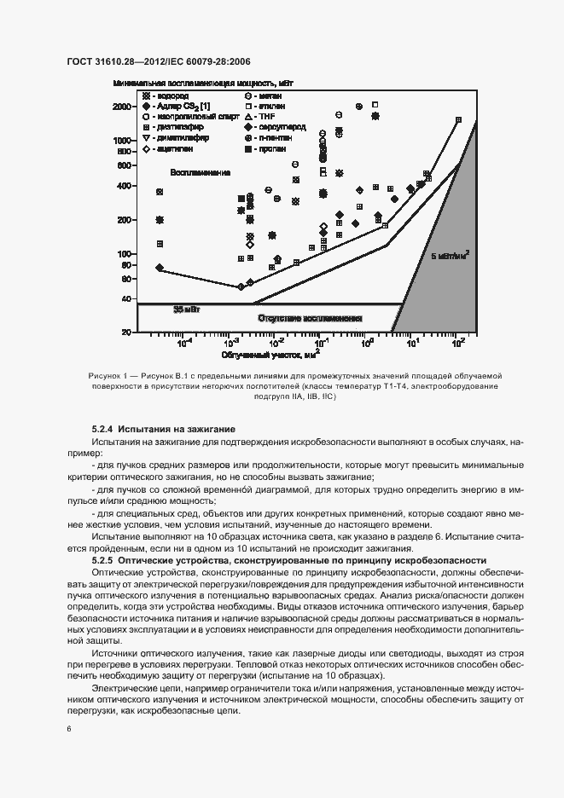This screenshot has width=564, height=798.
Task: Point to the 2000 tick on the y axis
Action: pyautogui.click(x=122, y=107)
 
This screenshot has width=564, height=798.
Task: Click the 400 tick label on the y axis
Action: pyautogui.click(x=125, y=186)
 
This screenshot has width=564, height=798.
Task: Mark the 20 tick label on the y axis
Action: pyautogui.click(x=127, y=332)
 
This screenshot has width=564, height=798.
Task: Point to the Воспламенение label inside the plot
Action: pyautogui.click(x=201, y=172)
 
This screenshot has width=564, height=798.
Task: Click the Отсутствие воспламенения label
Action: pyautogui.click(x=299, y=318)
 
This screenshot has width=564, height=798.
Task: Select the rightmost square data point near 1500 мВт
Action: pyautogui.click(x=458, y=120)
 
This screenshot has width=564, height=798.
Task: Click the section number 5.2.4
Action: pyautogui.click(x=103, y=427)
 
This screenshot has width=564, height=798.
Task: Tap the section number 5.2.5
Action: pyautogui.click(x=103, y=560)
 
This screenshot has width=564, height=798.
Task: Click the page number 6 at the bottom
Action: pyautogui.click(x=68, y=730)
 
